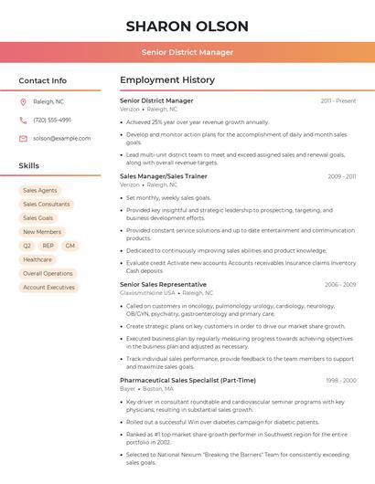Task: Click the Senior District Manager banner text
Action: coord(187,52)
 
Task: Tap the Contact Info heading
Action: coord(42,80)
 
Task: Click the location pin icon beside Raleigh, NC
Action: coord(23,101)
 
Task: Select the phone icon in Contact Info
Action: coord(23,120)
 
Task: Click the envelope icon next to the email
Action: coord(23,138)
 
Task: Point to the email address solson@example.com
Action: coord(61,138)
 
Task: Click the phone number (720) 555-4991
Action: coord(52,120)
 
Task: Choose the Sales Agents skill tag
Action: coord(39,190)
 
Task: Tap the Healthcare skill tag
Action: coord(37,259)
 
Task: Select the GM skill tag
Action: coord(70,246)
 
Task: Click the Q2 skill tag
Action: coord(27,246)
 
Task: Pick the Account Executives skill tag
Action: coord(48,287)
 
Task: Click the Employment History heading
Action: coord(167,80)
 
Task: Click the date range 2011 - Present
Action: coord(337,100)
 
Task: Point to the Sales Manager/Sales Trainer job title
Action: coord(164,175)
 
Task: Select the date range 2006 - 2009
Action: coord(339,285)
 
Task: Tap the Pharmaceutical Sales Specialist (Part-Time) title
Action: coord(187,380)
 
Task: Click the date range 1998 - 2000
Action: coord(339,380)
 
